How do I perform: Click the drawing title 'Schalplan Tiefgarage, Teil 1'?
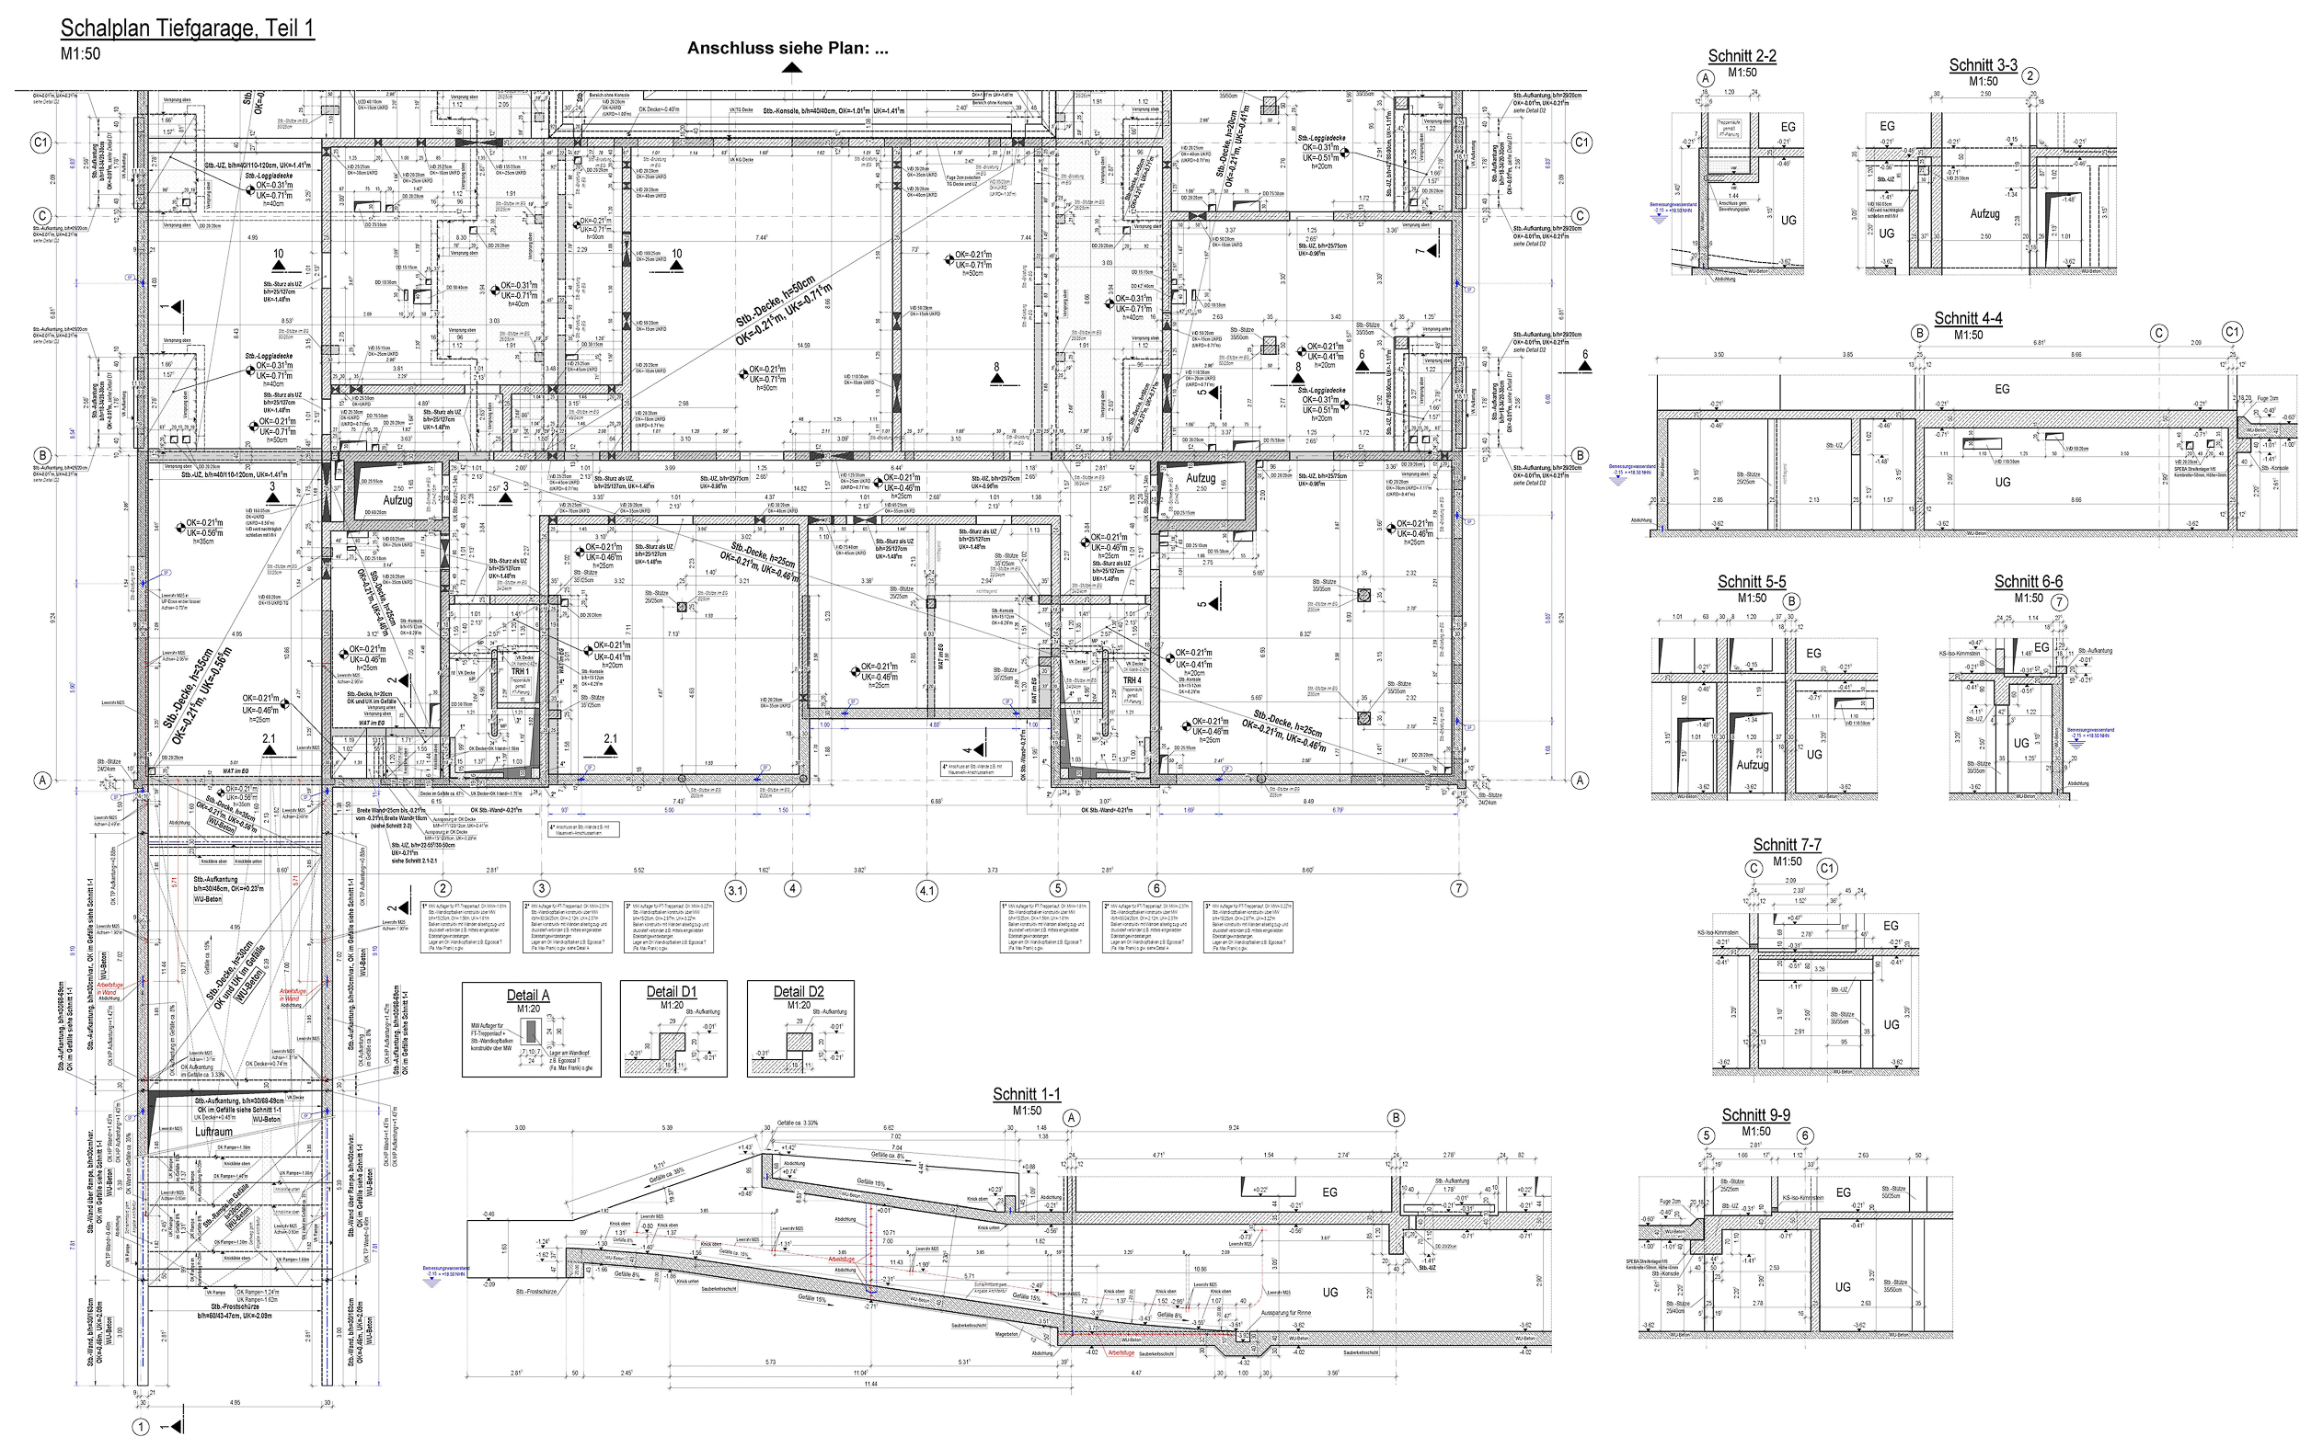(x=188, y=29)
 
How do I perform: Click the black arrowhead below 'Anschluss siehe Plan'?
(x=791, y=67)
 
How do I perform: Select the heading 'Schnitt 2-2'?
(x=1742, y=56)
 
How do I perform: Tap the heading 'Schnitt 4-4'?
(x=1968, y=318)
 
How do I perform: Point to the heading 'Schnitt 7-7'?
(x=1788, y=845)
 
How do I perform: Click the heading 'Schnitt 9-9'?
(x=1756, y=1115)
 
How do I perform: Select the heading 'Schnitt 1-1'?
(x=1026, y=1094)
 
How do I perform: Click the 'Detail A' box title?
(x=529, y=995)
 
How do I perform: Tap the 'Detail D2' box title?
(x=799, y=991)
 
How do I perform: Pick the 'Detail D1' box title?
(x=672, y=991)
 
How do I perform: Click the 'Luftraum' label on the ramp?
(x=213, y=1132)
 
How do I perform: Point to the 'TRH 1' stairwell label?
(x=520, y=671)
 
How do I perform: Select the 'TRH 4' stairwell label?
(x=1132, y=680)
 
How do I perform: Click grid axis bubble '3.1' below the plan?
(x=736, y=891)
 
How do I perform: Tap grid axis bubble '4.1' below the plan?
(x=927, y=891)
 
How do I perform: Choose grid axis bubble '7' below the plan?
(x=1458, y=889)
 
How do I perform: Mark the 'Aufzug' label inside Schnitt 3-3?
(x=1984, y=214)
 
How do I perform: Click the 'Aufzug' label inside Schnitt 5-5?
(x=1753, y=764)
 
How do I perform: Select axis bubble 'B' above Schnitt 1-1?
(x=1396, y=1118)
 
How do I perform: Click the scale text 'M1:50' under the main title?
(x=80, y=54)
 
